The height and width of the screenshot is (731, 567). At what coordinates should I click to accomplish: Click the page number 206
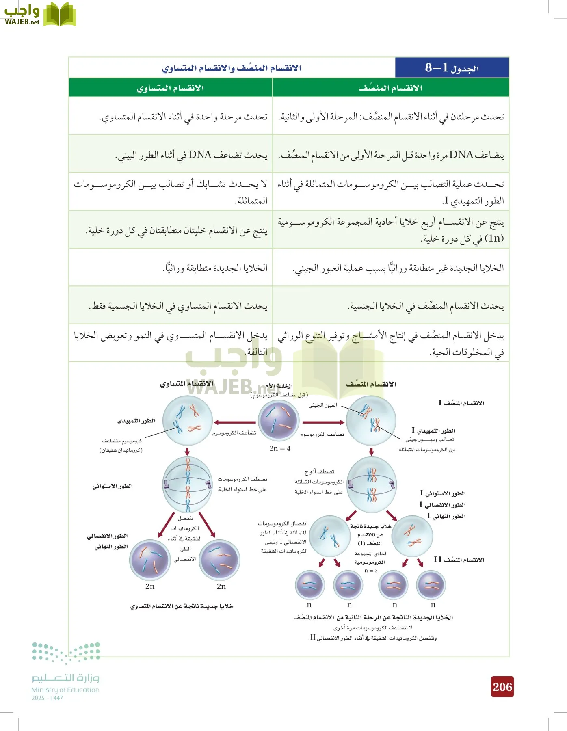click(x=502, y=687)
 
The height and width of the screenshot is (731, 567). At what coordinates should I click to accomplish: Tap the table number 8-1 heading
click(x=452, y=68)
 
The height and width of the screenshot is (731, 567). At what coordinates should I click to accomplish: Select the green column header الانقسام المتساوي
click(x=170, y=88)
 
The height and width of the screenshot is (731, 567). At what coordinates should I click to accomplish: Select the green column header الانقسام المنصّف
click(x=390, y=88)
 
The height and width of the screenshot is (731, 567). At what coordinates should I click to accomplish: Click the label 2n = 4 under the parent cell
click(x=280, y=448)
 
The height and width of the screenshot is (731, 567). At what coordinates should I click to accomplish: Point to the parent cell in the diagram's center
click(x=279, y=421)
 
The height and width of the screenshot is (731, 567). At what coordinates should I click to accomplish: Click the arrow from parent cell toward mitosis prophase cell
click(x=234, y=422)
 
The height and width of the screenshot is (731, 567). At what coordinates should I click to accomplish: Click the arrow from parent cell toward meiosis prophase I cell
click(x=323, y=422)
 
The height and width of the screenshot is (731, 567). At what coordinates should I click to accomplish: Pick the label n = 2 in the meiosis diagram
click(x=371, y=571)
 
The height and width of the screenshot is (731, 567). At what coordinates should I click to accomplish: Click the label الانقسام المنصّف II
click(x=459, y=560)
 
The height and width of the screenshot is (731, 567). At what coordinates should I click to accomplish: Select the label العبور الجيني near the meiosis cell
click(x=322, y=405)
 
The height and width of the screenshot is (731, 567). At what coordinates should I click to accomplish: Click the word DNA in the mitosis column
click(x=200, y=155)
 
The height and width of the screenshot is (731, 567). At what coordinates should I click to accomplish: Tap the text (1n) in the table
click(x=494, y=238)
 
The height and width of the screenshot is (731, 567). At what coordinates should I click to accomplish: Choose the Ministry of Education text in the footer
click(x=65, y=690)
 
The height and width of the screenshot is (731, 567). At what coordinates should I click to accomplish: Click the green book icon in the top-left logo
click(x=59, y=15)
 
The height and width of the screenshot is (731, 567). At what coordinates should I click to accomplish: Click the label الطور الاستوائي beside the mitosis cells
click(x=113, y=486)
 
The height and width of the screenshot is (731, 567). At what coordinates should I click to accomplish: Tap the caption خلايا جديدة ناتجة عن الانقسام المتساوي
click(x=182, y=606)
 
